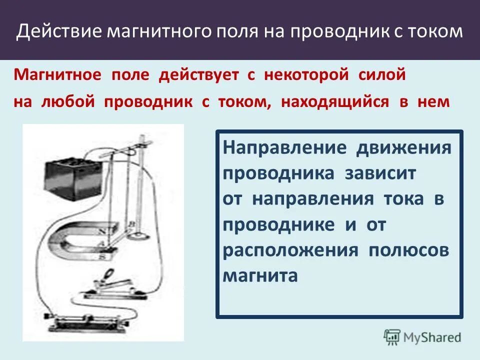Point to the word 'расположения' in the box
click(x=290, y=250)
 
